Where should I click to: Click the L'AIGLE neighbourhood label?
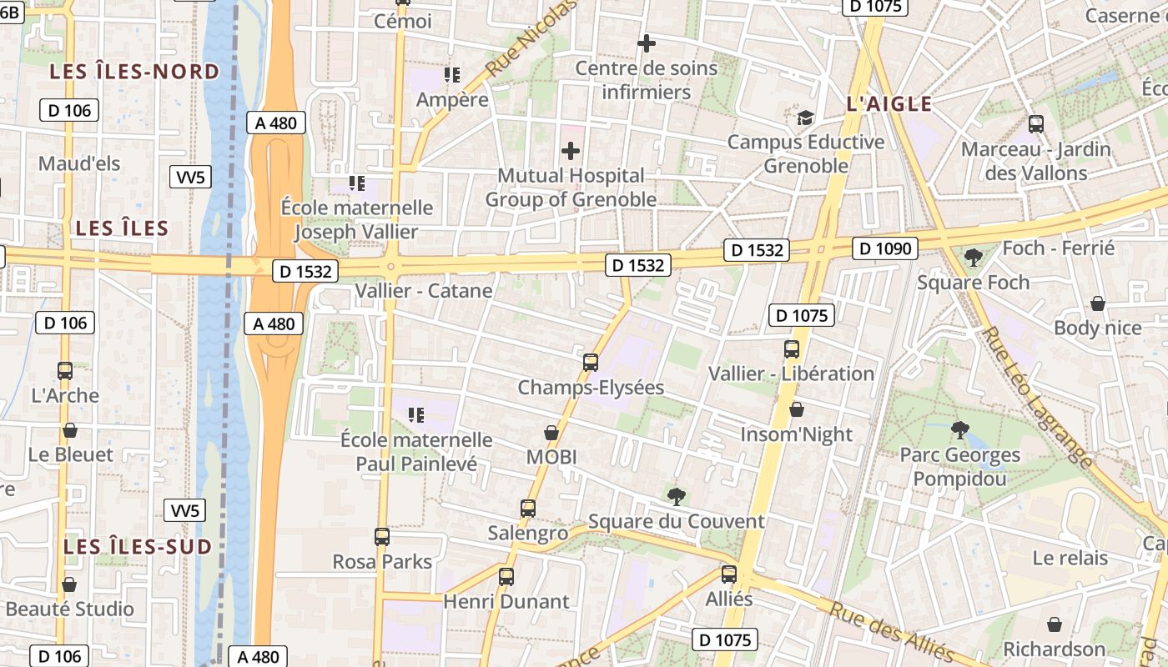click(x=889, y=104)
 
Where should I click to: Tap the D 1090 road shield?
click(x=885, y=248)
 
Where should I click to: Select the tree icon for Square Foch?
click(x=973, y=257)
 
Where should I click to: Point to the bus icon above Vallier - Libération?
click(x=792, y=349)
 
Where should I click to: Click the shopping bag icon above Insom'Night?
click(x=797, y=409)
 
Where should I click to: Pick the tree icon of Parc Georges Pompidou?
click(x=959, y=430)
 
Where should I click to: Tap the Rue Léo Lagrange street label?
click(x=1039, y=396)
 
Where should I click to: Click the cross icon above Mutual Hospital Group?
click(x=571, y=151)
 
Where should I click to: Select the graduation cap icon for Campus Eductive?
click(x=805, y=118)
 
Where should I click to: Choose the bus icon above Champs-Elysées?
click(x=591, y=362)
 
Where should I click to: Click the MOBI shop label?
click(x=551, y=457)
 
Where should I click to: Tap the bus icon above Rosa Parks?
click(x=382, y=537)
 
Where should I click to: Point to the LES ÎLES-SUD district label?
click(x=138, y=547)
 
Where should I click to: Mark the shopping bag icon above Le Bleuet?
click(x=70, y=430)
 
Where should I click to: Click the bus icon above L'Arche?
click(x=65, y=370)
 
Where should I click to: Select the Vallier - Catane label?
click(x=424, y=291)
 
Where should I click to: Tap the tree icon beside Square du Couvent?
click(x=677, y=497)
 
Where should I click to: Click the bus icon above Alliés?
click(x=729, y=574)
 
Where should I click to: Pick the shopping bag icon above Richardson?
click(x=1055, y=624)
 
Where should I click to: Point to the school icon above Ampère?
click(x=452, y=75)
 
